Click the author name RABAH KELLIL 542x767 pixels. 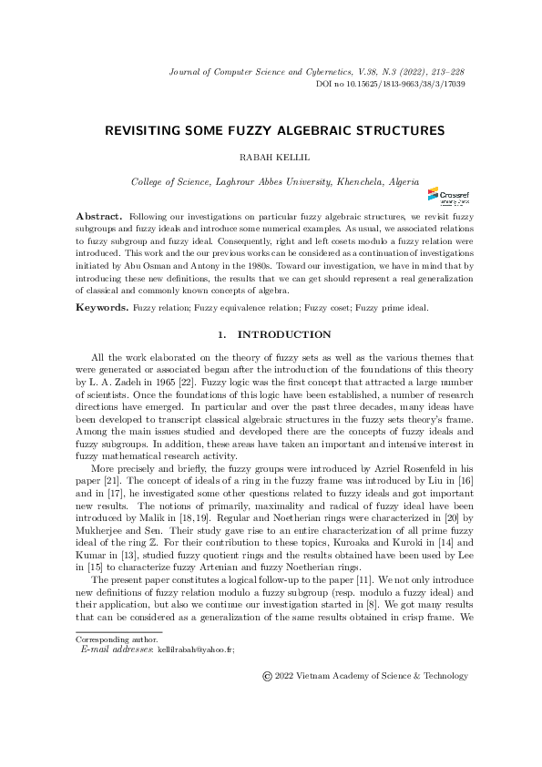(x=271, y=157)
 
